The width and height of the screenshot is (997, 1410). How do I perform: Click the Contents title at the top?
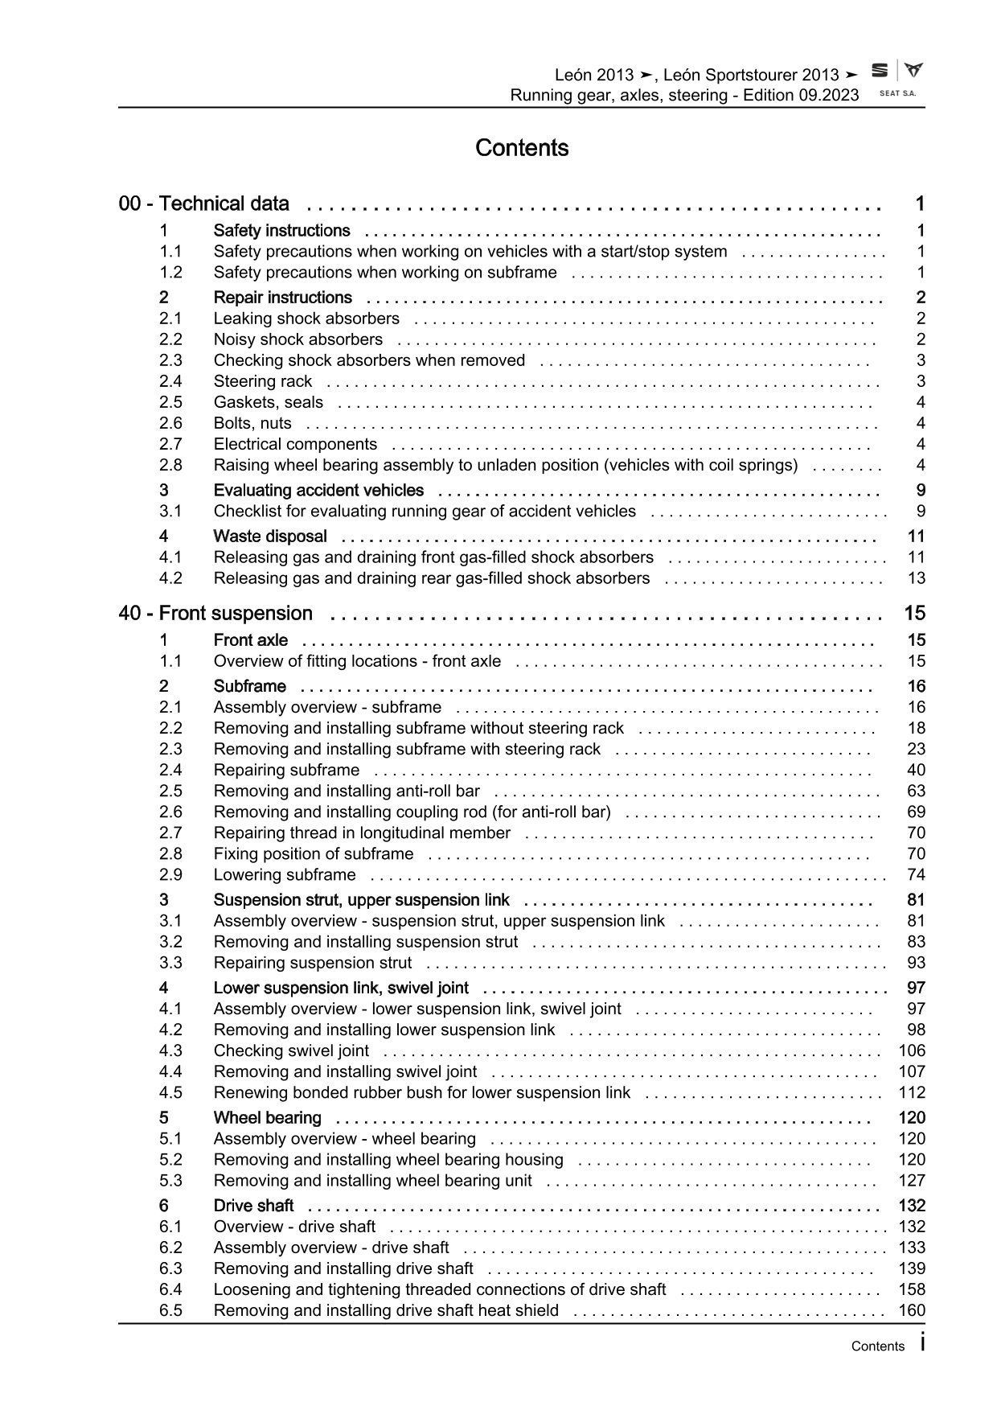[x=522, y=148]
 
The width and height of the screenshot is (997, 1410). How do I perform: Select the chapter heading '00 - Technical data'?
[x=204, y=203]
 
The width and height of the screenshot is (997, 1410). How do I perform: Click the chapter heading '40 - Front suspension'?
[x=215, y=614]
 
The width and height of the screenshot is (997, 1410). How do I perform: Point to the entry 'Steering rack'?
[x=263, y=381]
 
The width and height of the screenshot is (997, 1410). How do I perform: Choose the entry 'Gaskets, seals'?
[x=269, y=402]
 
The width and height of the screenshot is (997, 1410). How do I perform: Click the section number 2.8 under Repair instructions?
[x=170, y=465]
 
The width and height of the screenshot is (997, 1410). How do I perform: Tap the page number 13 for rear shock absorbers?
[x=916, y=578]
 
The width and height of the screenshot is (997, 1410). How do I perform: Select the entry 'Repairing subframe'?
[x=286, y=770]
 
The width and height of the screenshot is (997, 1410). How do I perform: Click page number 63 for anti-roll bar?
[x=916, y=791]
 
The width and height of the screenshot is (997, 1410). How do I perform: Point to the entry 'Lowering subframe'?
[x=285, y=874]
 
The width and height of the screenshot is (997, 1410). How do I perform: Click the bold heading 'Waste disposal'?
[x=270, y=536]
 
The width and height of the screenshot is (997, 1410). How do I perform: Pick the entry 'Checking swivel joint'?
[x=291, y=1050]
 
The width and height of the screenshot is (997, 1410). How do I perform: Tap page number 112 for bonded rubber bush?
[x=912, y=1092]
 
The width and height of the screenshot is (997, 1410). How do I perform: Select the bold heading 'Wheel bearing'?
[x=267, y=1118]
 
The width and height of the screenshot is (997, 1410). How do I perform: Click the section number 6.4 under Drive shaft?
[x=170, y=1289]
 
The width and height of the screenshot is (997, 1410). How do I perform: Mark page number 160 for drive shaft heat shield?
[x=912, y=1310]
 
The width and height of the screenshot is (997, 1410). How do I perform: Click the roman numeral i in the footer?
[x=921, y=1342]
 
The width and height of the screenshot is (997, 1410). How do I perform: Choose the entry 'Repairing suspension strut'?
[x=313, y=963]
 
